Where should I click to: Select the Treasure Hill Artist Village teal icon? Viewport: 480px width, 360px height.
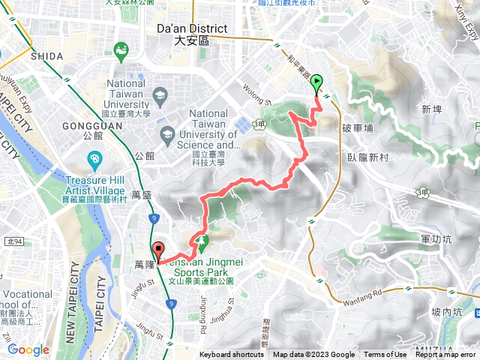tap(94, 159)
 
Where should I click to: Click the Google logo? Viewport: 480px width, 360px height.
tap(28, 349)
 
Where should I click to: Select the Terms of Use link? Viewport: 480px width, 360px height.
tap(385, 355)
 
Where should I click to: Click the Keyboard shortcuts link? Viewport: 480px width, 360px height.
tap(231, 355)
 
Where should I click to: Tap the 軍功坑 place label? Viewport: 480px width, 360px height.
tap(436, 238)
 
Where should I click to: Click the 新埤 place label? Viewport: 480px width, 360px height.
tap(431, 109)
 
